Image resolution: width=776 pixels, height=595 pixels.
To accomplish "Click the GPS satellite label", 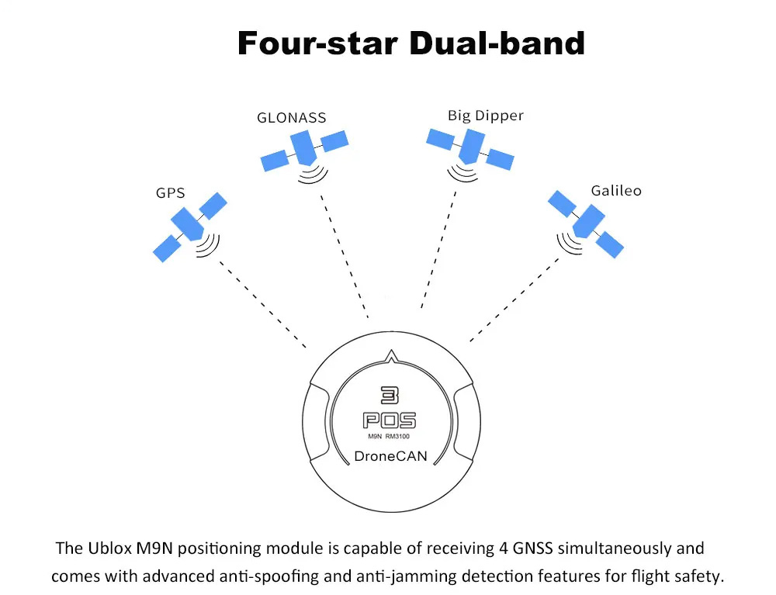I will [x=170, y=192].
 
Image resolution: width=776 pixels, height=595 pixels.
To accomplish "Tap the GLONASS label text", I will [x=292, y=118].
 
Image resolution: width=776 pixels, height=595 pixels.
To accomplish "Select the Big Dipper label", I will [x=486, y=116].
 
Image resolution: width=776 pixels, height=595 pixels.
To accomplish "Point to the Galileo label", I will [x=616, y=190].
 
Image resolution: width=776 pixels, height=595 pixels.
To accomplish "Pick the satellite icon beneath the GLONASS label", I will [x=303, y=150].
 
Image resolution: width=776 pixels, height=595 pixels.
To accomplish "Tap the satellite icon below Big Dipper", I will [x=470, y=148].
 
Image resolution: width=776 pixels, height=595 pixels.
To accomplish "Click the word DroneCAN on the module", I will [x=390, y=456].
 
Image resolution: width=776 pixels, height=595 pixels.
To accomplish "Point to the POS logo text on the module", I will [x=390, y=420].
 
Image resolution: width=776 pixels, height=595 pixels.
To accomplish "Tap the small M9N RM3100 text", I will [x=390, y=438].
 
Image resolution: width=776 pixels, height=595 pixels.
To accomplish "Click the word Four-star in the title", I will [x=317, y=43].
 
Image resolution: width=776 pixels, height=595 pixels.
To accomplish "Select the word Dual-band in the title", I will [x=497, y=43].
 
